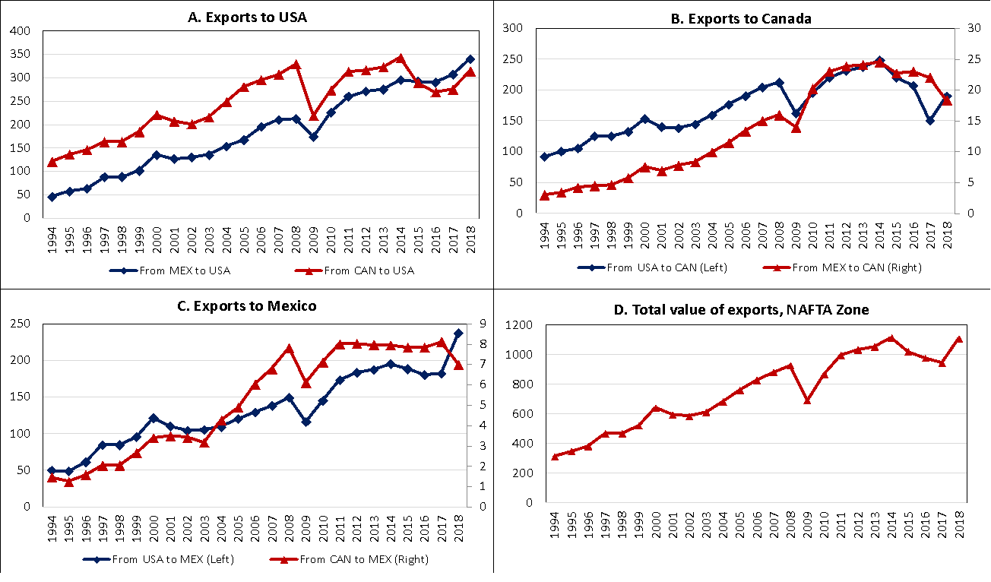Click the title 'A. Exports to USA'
[247, 17]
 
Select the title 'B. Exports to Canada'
[740, 18]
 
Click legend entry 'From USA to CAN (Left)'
[663, 267]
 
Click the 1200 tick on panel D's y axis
[518, 325]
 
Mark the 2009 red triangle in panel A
[314, 115]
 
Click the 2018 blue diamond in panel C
[458, 334]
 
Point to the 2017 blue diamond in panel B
[929, 121]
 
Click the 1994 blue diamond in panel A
[52, 197]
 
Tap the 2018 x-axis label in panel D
[959, 523]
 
